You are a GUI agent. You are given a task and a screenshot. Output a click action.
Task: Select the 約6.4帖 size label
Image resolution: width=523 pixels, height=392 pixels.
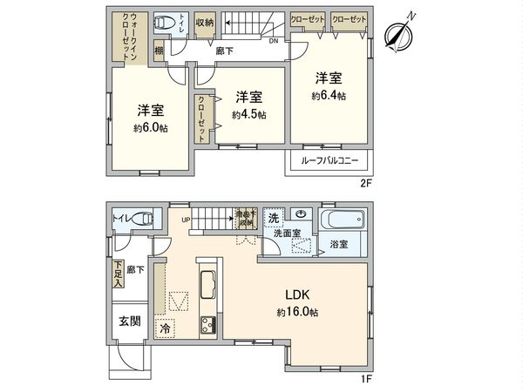point(330,96)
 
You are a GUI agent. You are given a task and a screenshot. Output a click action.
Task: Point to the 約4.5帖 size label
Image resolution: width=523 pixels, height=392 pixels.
point(249,115)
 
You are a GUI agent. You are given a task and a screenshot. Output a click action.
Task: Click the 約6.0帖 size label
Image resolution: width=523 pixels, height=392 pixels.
point(152,128)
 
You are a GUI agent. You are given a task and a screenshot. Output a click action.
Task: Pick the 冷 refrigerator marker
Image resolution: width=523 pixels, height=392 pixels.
point(166,329)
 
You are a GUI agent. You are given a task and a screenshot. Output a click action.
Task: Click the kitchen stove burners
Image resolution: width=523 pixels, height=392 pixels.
point(210,328)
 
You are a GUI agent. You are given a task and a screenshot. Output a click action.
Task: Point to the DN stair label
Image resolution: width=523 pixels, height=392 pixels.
point(274,41)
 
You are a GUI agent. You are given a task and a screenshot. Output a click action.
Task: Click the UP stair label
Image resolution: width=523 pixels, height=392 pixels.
point(185,220)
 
